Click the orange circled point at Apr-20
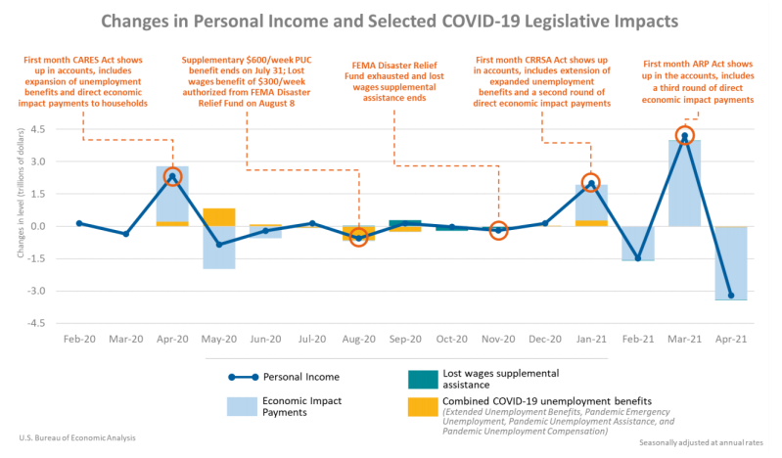click(172, 177)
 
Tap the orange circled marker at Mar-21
click(684, 136)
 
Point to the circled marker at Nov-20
click(498, 230)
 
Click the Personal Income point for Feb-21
click(638, 258)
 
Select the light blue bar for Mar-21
click(684, 186)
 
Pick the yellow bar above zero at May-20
click(219, 217)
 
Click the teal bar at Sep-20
click(405, 223)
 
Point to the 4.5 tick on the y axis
click(38, 129)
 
